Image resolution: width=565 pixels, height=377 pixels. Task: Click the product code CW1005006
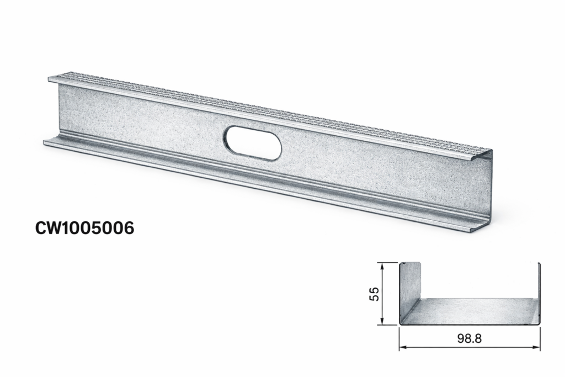click(x=84, y=228)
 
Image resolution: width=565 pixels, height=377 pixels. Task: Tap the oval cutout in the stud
click(x=252, y=143)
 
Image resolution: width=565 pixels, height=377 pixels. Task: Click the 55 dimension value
click(x=375, y=294)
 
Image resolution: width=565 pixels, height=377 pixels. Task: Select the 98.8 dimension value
click(x=470, y=338)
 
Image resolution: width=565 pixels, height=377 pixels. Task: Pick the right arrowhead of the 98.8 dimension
click(x=536, y=347)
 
